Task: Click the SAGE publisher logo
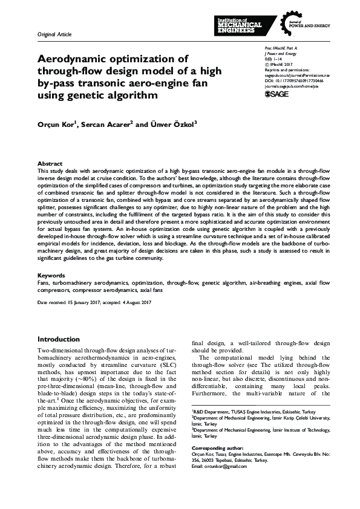[x=277, y=94]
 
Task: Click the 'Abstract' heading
[x=50, y=164]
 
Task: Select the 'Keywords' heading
[x=52, y=275]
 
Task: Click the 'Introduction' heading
[x=59, y=339]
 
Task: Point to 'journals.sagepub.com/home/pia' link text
[x=290, y=85]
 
